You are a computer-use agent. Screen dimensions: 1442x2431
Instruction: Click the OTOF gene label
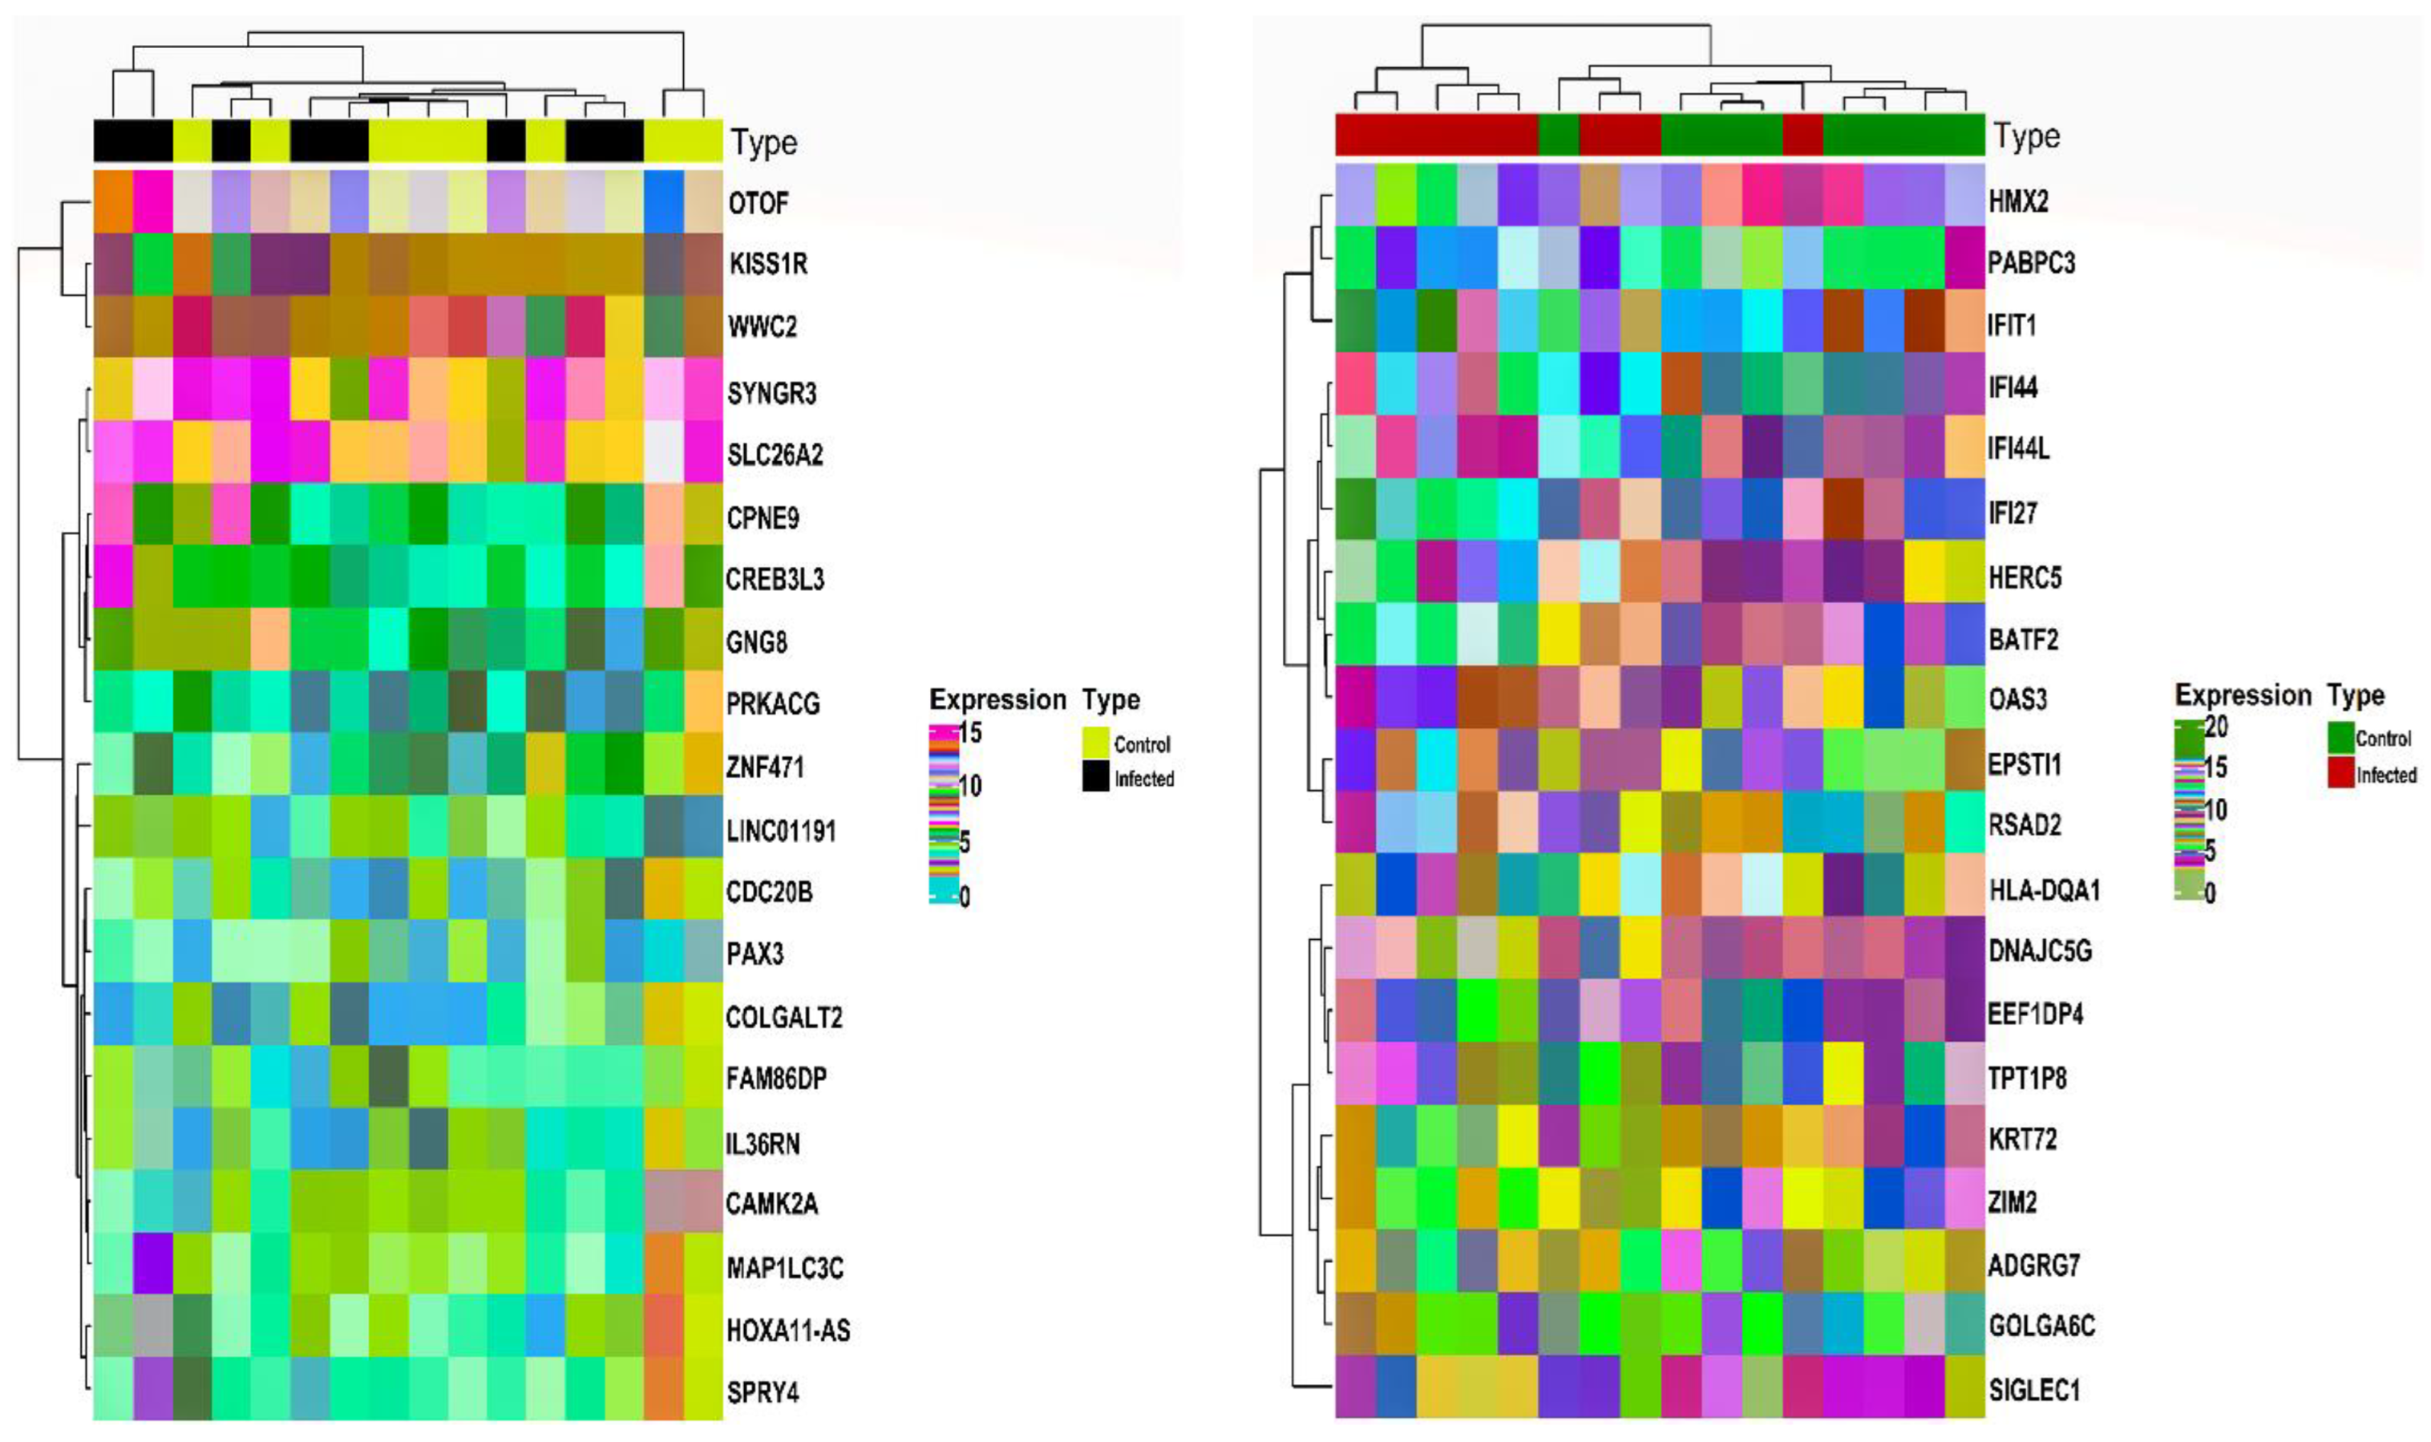click(x=758, y=203)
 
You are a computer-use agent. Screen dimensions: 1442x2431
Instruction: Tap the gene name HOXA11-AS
click(x=787, y=1329)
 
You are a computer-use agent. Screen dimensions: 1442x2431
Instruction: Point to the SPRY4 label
click(x=762, y=1391)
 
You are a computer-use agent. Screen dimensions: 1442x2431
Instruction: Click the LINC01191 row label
click(x=781, y=831)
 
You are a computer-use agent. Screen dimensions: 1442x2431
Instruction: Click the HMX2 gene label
click(x=2017, y=201)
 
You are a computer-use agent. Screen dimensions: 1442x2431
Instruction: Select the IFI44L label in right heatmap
click(x=2018, y=449)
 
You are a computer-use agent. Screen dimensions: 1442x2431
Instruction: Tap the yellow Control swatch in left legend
click(x=1095, y=743)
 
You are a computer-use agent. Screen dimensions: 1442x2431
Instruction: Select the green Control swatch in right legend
click(x=2340, y=738)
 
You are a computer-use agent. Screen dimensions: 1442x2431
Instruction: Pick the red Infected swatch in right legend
click(x=2340, y=773)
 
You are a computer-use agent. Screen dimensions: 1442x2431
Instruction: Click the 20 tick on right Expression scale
click(x=2215, y=726)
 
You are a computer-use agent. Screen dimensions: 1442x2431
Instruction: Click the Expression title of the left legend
click(x=997, y=699)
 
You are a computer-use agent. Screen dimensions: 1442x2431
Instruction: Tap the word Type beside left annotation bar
click(x=764, y=143)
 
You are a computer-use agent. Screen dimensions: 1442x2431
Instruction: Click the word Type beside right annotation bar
click(x=2026, y=137)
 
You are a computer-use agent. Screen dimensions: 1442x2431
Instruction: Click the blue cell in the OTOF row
click(x=663, y=201)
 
